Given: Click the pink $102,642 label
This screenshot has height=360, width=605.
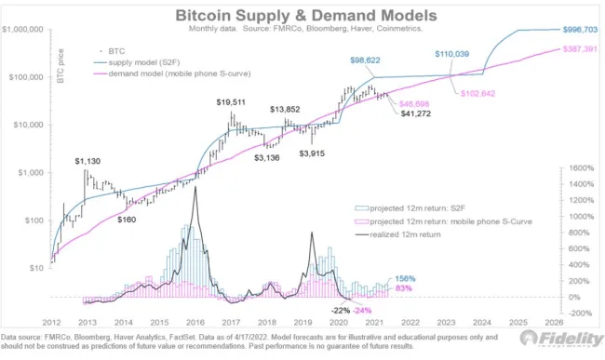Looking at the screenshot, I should click(x=480, y=93).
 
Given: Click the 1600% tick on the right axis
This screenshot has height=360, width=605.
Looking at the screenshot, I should click(x=582, y=168).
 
